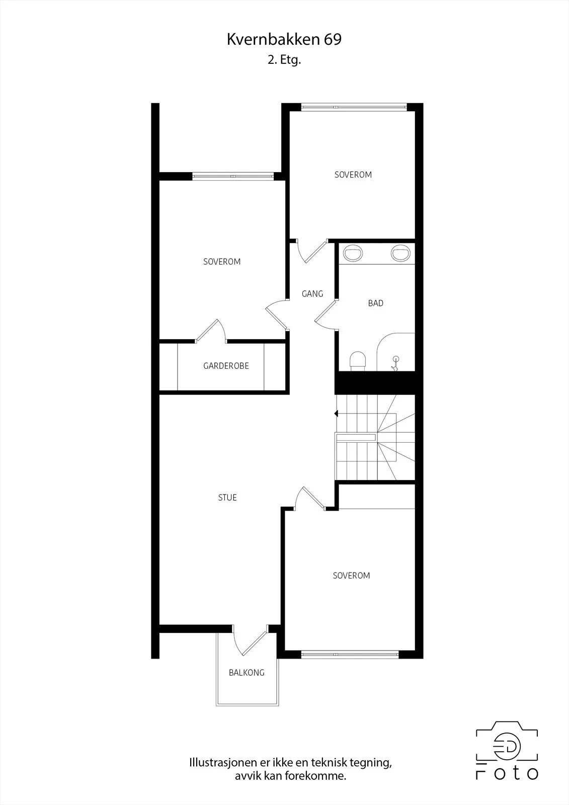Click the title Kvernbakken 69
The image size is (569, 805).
pos(284,40)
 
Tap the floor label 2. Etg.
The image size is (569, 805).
pos(284,60)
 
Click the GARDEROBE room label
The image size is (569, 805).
pos(226,366)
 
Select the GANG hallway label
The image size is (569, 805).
pos(312,294)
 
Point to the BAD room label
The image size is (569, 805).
pos(376,303)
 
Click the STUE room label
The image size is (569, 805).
pos(227,498)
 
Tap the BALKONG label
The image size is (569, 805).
pos(247,673)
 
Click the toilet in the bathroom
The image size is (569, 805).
pos(358,361)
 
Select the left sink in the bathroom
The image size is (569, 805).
pos(353,253)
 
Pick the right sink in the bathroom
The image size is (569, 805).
pos(400,253)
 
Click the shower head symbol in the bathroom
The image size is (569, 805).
pos(395,363)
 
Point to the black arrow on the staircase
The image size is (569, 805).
pos(336,414)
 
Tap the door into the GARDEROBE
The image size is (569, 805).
pos(211,330)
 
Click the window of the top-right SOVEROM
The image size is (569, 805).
pos(354,107)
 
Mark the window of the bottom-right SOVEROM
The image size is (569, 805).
pos(350,655)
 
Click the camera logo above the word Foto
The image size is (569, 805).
pos(507,740)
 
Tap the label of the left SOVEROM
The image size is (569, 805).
pos(222,262)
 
